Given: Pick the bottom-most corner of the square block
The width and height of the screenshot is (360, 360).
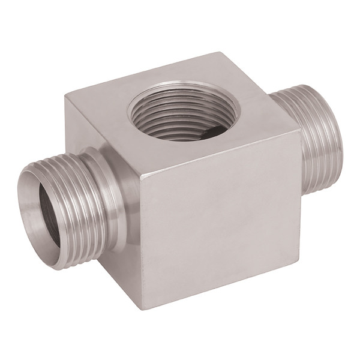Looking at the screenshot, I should coord(142,310).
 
